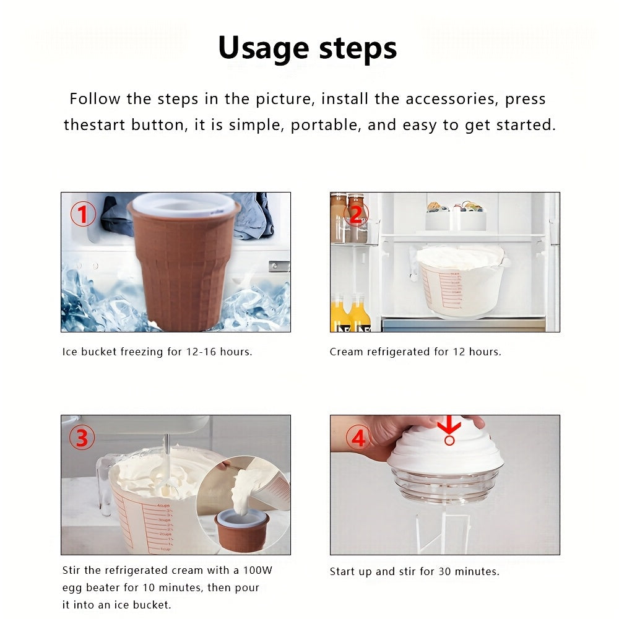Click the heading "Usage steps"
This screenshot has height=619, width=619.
coord(308,48)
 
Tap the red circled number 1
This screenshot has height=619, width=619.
coord(83,215)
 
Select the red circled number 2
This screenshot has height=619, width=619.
coord(355,214)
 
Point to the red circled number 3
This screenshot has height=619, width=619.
coord(82,438)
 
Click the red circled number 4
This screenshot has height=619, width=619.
coord(358,438)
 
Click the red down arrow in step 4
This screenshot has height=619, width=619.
coord(449,425)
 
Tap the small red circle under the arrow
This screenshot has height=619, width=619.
coord(449,440)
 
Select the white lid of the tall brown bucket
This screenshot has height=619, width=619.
coord(184,203)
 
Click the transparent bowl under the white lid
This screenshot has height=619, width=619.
coord(444,485)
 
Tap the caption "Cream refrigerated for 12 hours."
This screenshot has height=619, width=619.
coord(415,352)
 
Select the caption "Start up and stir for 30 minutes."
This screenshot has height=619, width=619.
coord(414,571)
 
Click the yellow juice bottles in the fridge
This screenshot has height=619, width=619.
coord(350,313)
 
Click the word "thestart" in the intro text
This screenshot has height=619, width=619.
coord(95,124)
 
